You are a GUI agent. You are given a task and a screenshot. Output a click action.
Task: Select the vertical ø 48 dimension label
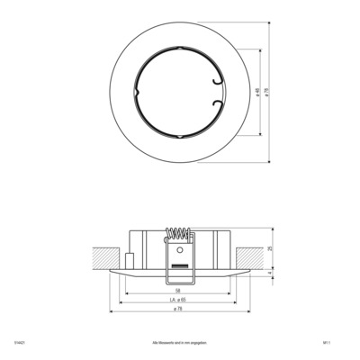[x=258, y=94]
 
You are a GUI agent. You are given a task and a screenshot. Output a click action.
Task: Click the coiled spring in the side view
[x=180, y=236]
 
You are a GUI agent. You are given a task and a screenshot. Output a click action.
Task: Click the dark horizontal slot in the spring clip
[x=180, y=267]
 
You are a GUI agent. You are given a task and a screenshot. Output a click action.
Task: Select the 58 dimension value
[x=179, y=291]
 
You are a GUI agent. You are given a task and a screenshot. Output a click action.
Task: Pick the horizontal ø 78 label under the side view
[x=179, y=310]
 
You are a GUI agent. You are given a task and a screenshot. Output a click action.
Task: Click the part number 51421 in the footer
[x=19, y=343]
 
